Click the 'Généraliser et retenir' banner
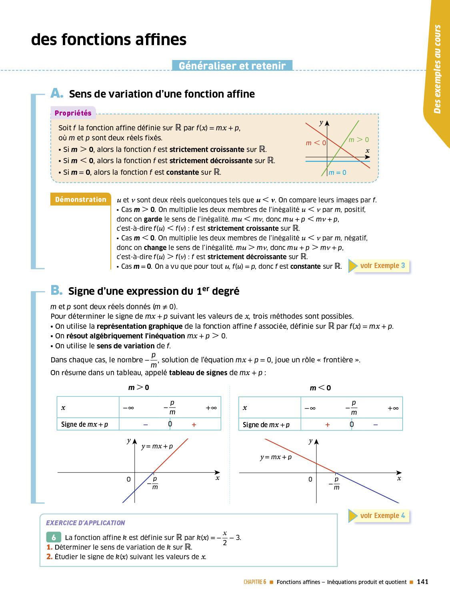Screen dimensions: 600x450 point(232,66)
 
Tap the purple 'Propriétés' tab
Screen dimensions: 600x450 point(73,113)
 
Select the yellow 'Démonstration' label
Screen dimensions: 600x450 point(80,199)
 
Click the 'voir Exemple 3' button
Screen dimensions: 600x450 point(382,266)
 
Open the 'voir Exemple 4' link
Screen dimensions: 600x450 point(382,516)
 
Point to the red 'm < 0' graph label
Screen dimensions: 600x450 point(316,143)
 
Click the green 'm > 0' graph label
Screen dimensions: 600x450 point(358,140)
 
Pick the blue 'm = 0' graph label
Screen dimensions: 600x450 point(337,172)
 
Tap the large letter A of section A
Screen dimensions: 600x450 point(56,93)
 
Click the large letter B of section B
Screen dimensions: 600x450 point(56,290)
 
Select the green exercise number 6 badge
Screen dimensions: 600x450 point(54,537)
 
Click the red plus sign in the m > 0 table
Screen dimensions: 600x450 point(194,425)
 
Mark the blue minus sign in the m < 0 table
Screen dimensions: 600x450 point(376,425)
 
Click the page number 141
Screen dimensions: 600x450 point(422,582)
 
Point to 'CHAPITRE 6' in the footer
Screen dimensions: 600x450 point(255,582)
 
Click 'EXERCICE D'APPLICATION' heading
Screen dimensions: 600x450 point(85,523)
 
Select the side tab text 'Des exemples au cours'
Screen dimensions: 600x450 point(437,69)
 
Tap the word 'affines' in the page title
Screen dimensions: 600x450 point(160,40)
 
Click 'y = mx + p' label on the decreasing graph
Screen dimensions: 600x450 point(276,457)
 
